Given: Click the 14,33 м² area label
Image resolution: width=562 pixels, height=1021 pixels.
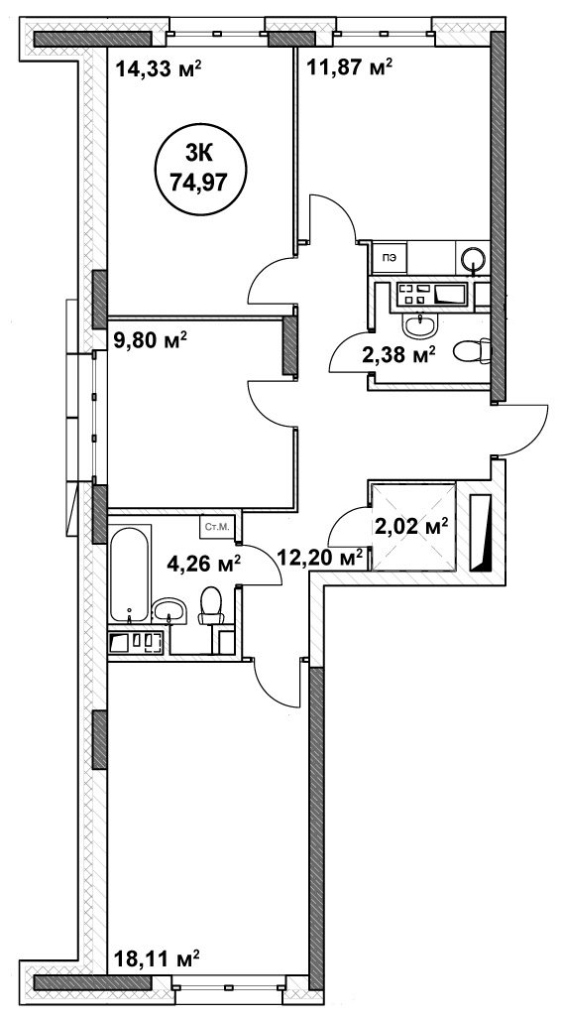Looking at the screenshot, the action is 159,68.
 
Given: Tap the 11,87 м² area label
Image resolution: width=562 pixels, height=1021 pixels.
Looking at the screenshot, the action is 349,66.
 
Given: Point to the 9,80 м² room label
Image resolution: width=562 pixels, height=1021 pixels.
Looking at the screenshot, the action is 151,339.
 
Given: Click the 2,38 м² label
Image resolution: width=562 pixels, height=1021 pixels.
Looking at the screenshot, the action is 398,355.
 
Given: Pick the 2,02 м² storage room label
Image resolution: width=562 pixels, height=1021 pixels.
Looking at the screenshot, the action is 412,525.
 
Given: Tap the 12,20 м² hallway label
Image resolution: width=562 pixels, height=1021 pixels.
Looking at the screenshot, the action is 320,557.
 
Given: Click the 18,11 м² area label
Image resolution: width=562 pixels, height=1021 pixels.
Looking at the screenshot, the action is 157,958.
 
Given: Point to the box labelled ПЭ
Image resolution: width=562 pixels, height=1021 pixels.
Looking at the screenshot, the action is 390,257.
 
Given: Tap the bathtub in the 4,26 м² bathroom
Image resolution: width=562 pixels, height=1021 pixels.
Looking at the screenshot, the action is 129,574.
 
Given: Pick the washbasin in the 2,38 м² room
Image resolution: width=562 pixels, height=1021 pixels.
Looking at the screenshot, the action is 422,324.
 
